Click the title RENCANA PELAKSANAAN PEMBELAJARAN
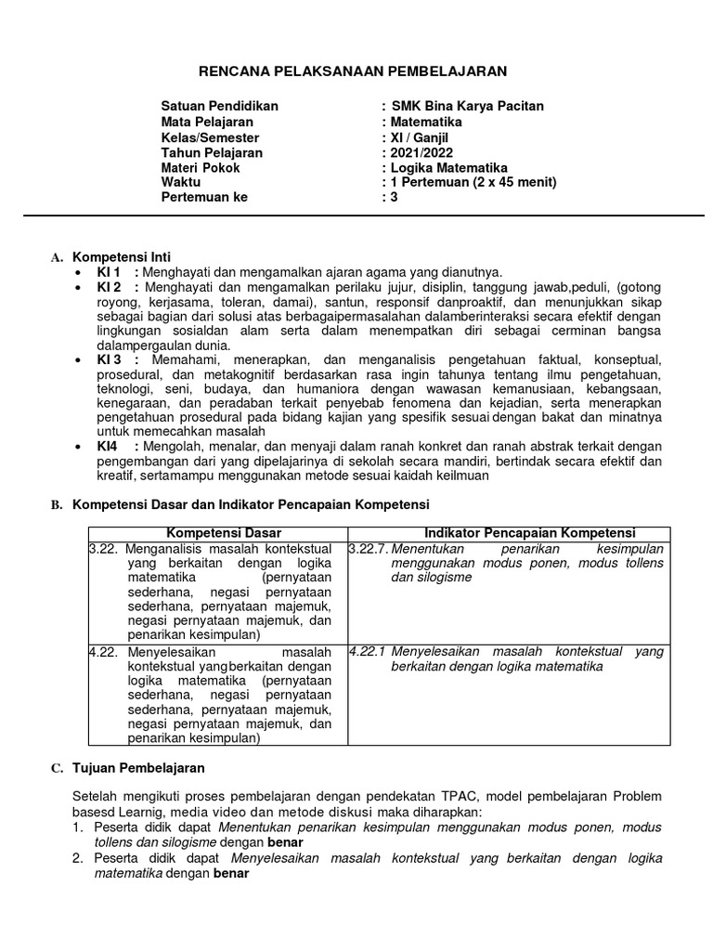[356, 71]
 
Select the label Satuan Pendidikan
[219, 106]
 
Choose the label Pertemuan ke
[204, 197]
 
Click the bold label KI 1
[110, 271]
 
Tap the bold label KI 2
[110, 287]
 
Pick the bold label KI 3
[110, 358]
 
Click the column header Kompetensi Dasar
[217, 532]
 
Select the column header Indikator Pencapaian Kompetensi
[529, 532]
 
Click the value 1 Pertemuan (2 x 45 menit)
[473, 182]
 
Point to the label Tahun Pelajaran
[212, 152]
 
